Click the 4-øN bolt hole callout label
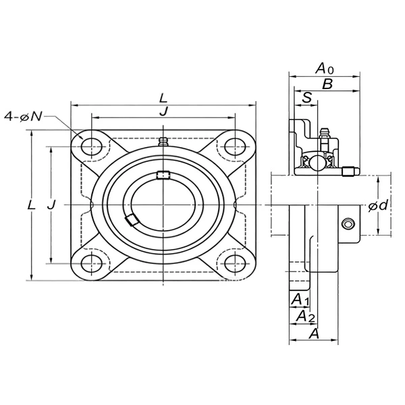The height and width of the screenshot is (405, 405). click(23, 117)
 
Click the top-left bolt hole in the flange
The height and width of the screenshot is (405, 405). click(91, 146)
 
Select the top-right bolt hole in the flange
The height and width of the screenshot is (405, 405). click(235, 146)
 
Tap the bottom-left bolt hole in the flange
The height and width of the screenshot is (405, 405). click(91, 263)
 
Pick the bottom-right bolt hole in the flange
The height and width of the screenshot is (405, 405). click(235, 263)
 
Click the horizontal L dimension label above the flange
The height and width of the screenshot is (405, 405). click(163, 99)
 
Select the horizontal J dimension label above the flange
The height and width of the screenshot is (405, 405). click(163, 111)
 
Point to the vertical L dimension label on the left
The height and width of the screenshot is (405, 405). click(31, 205)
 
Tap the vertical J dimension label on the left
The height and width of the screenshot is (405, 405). click(51, 205)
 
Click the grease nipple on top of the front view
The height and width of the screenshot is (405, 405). click(163, 142)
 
